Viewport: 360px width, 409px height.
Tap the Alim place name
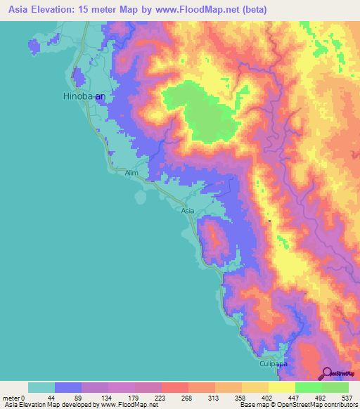tap(131, 172)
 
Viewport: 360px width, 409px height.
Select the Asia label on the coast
tap(187, 210)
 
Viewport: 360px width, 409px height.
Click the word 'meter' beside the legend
tap(12, 398)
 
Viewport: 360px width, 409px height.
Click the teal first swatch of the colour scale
tap(41, 387)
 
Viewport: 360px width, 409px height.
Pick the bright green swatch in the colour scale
tap(309, 387)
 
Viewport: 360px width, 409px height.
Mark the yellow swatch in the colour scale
tap(282, 387)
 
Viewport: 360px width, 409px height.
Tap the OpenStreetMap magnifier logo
tap(327, 374)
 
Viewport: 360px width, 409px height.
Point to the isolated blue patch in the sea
tap(34, 45)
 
